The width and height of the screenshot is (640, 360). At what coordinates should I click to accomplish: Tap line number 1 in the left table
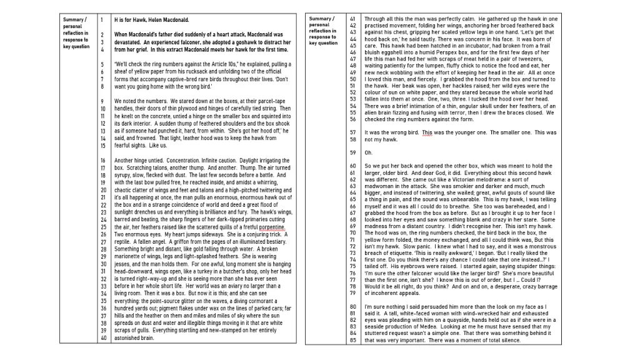click(102, 20)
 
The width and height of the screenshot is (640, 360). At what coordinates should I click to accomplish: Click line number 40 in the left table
click(103, 338)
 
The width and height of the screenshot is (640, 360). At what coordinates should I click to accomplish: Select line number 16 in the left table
click(103, 161)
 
